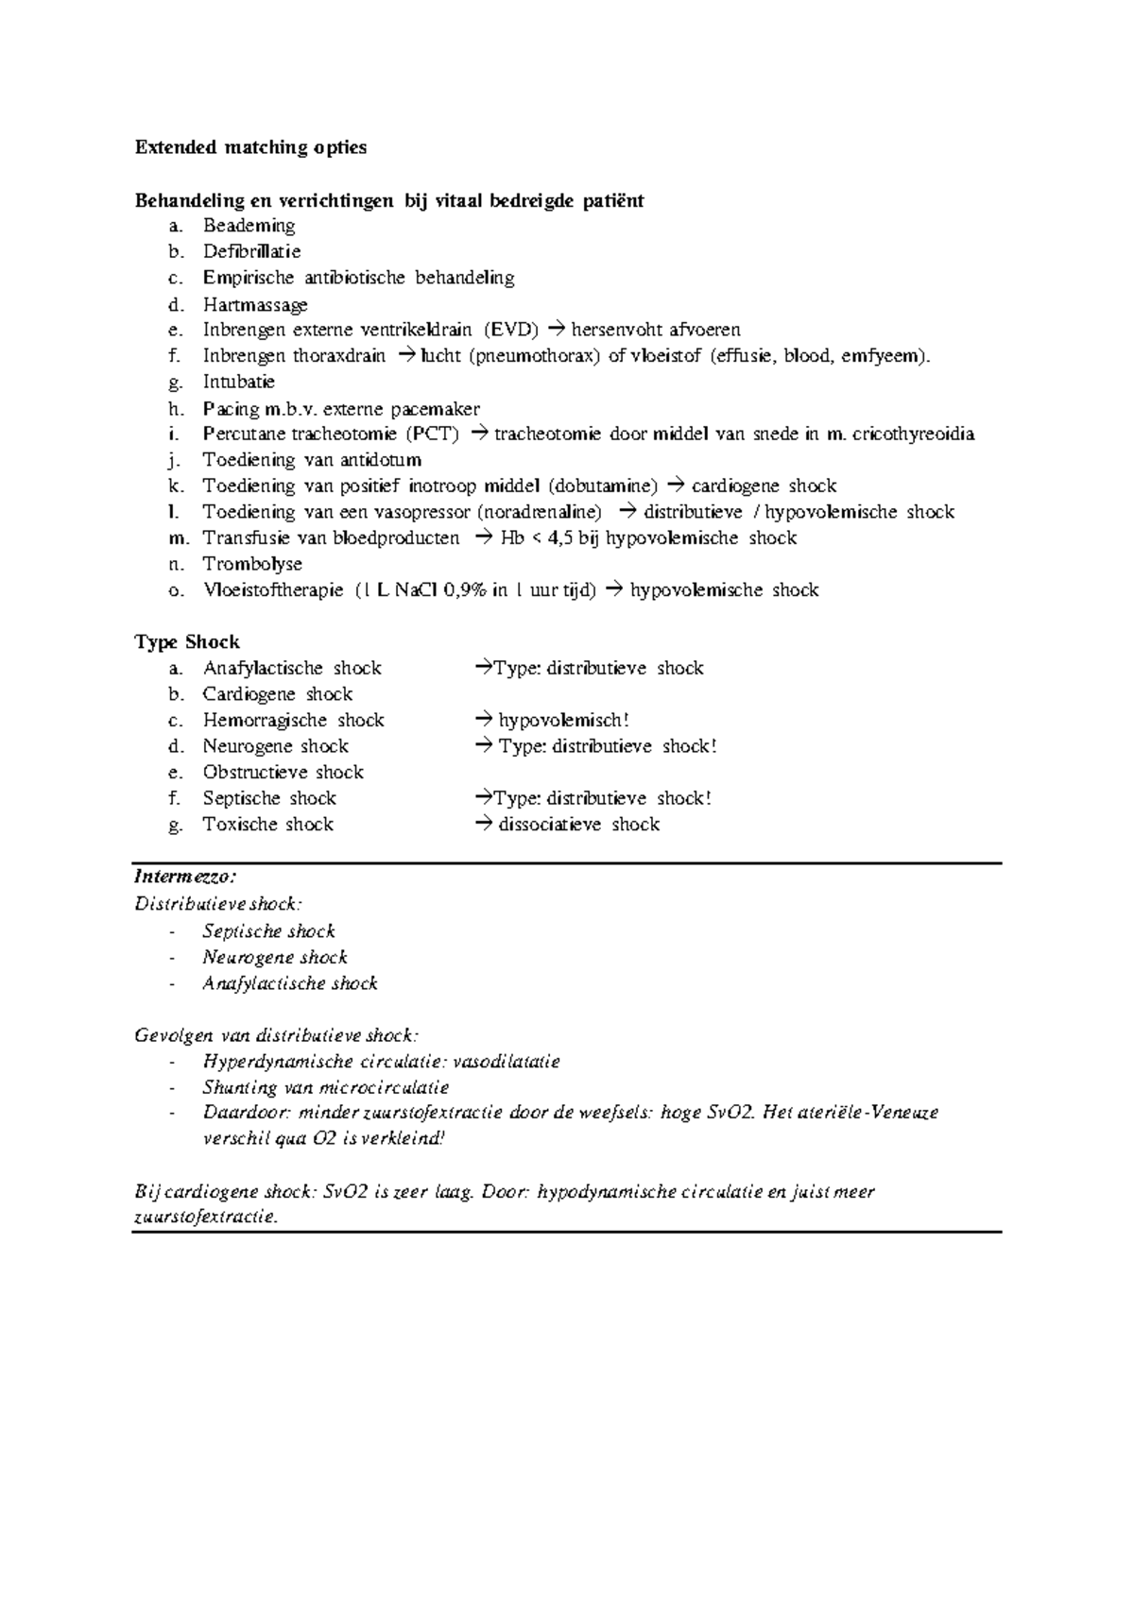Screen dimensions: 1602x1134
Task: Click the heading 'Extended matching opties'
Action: pos(250,147)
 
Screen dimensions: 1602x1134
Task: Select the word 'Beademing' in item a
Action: pos(249,226)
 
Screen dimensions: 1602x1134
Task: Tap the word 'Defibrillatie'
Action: pos(251,251)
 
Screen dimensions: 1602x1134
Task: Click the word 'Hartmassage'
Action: pos(255,304)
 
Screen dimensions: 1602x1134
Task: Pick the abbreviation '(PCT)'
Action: pos(432,435)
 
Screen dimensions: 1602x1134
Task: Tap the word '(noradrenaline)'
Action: pos(539,512)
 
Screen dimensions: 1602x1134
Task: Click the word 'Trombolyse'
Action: pos(252,564)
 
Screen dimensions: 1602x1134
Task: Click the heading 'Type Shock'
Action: pos(187,642)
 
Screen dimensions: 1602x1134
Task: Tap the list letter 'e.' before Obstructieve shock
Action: pos(174,773)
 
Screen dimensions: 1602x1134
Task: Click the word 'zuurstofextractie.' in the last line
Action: pos(206,1218)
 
